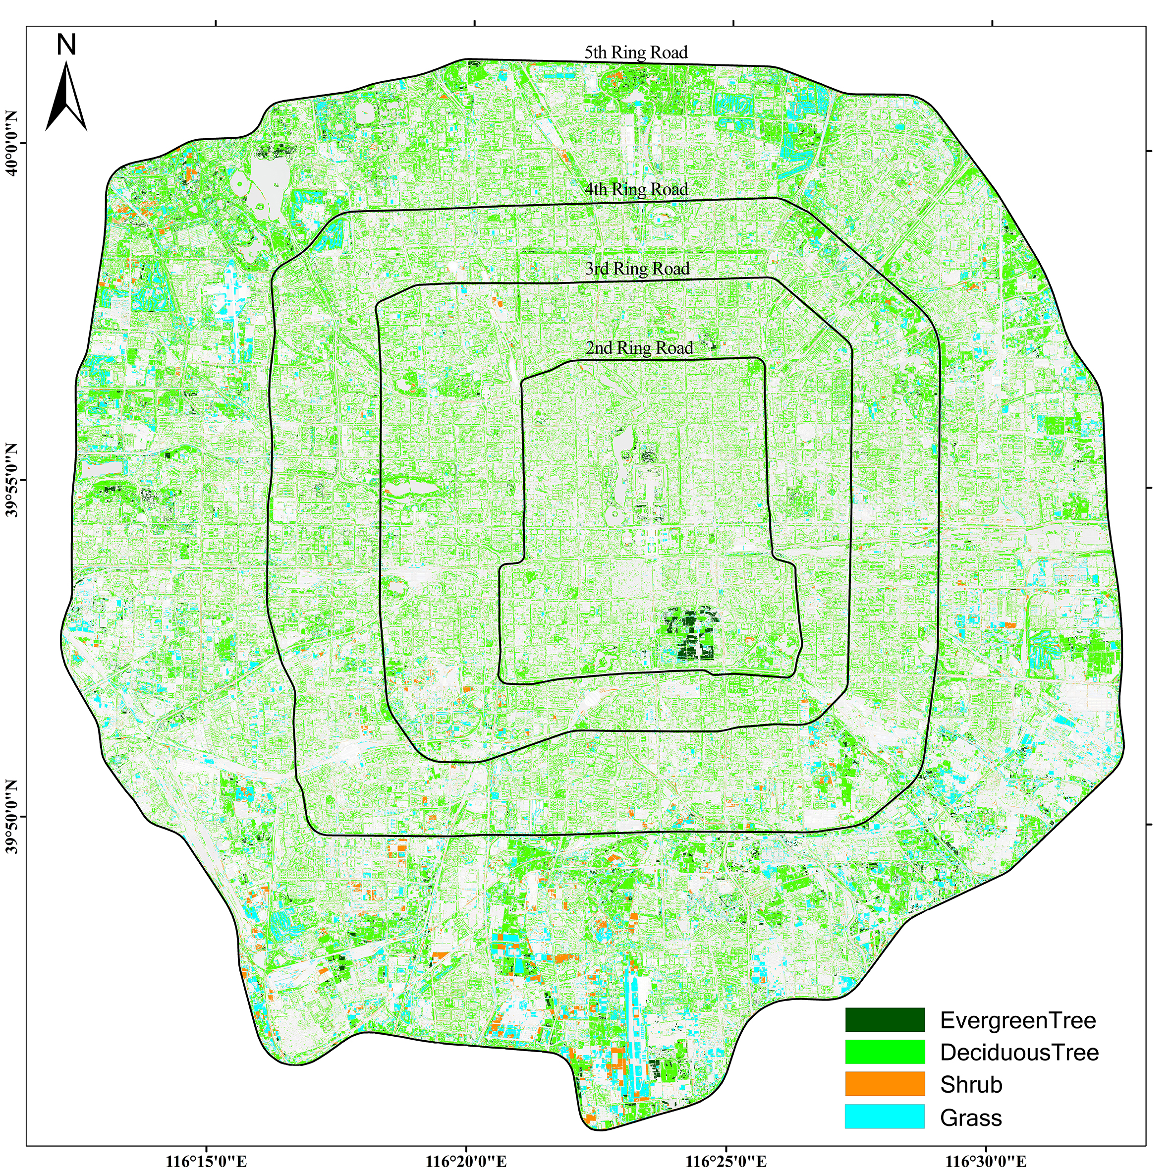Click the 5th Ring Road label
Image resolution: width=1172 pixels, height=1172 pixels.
tap(636, 53)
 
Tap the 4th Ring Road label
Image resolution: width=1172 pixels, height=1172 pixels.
tap(636, 190)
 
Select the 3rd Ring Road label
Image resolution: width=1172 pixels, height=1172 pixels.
tap(637, 269)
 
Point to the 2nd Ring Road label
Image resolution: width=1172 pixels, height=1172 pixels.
tap(639, 348)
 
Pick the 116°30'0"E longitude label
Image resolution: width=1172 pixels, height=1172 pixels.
tap(987, 1161)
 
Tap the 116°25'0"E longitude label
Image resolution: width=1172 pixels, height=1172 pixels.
tap(726, 1161)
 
